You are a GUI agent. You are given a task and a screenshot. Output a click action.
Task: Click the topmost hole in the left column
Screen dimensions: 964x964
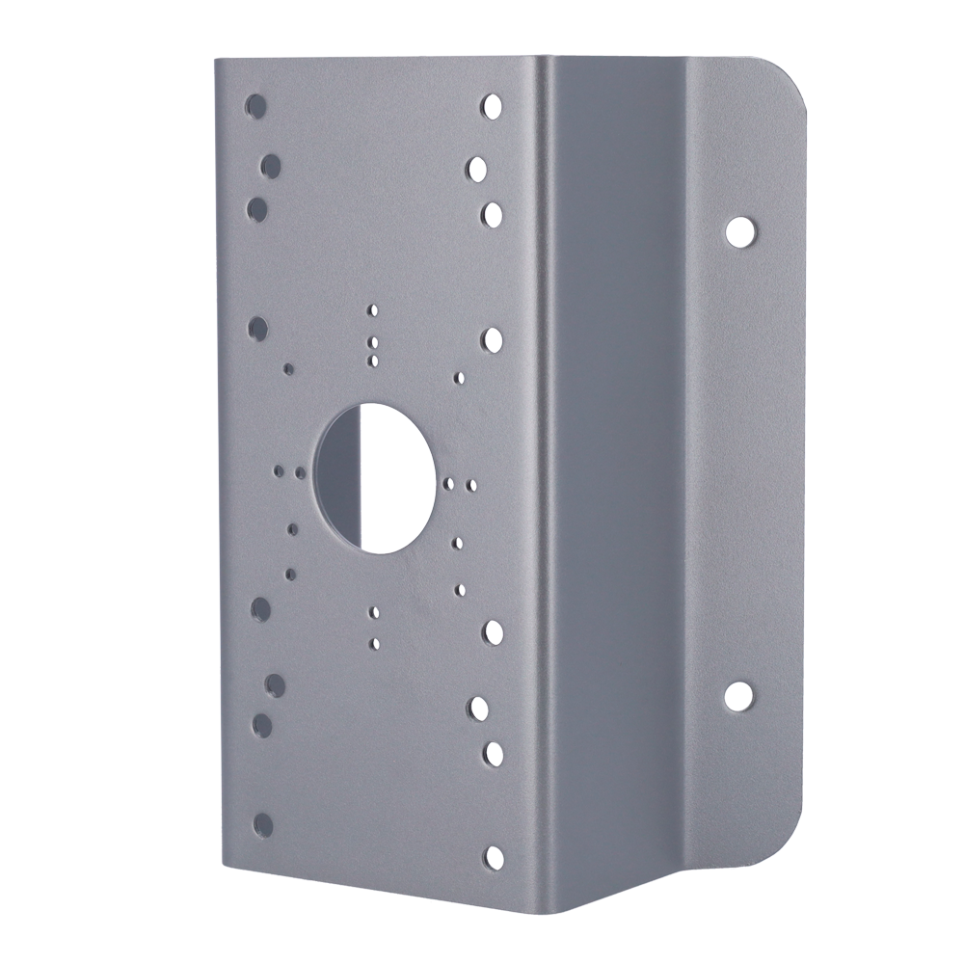point(255,103)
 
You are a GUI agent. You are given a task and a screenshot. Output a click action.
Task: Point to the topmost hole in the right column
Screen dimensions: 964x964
point(492,103)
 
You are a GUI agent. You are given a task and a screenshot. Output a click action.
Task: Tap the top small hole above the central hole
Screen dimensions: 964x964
point(373,310)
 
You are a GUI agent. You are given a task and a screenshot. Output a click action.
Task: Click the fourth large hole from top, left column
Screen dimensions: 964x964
point(257,329)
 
